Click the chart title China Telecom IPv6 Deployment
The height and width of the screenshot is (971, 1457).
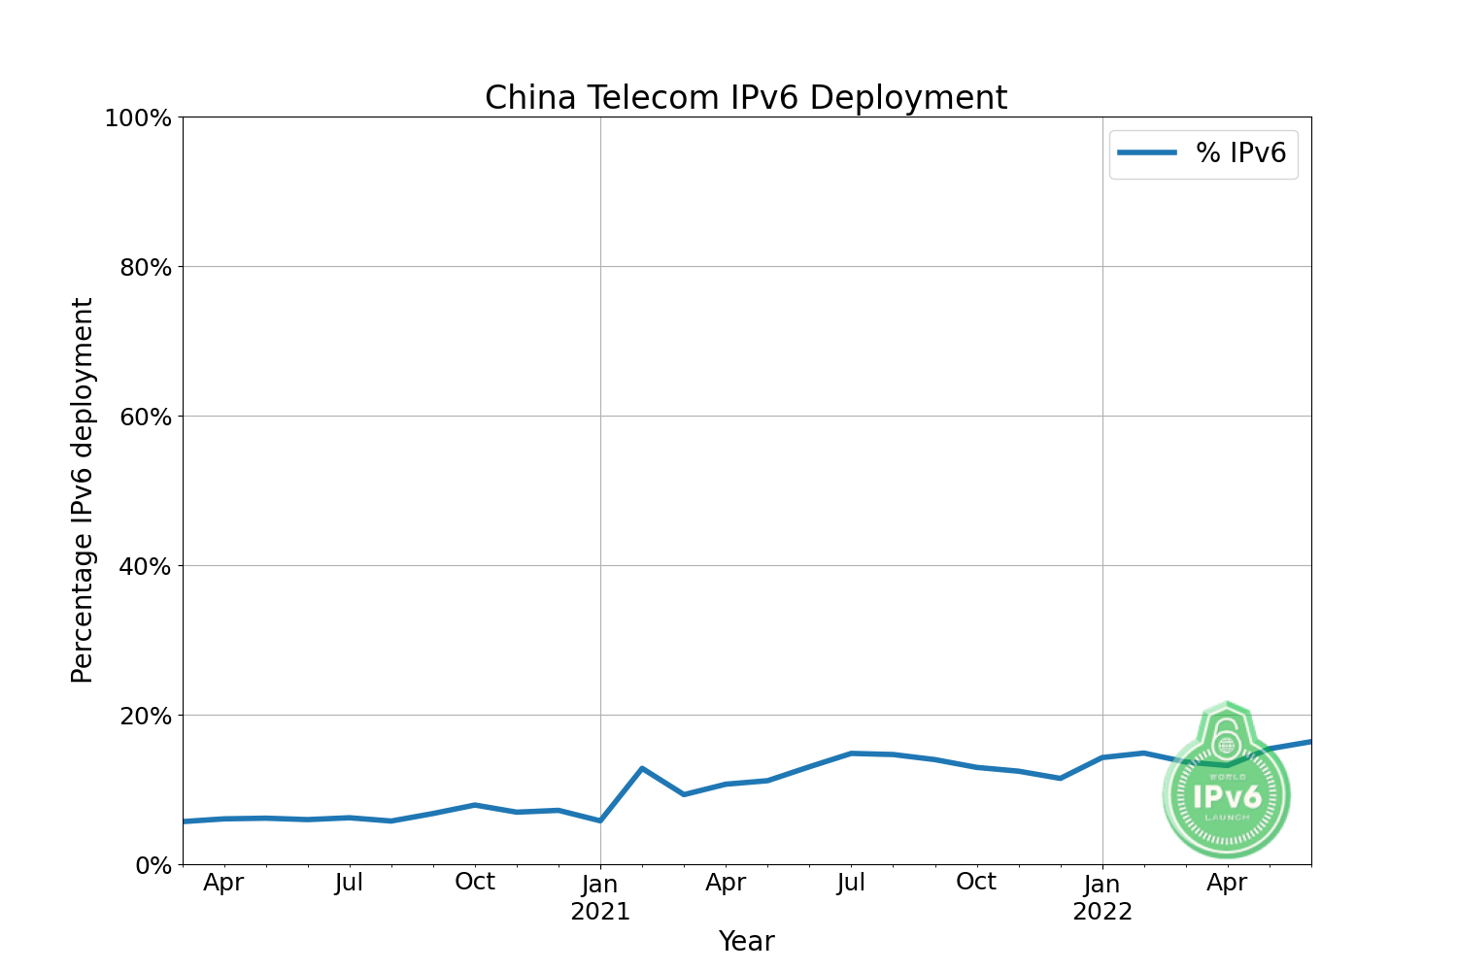tap(746, 98)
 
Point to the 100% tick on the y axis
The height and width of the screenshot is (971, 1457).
tap(138, 118)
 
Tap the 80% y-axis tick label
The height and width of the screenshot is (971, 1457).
tap(145, 268)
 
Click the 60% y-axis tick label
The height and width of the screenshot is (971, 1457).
tap(145, 418)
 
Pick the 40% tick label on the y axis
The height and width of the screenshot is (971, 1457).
tap(145, 567)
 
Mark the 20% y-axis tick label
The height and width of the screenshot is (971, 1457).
tap(145, 717)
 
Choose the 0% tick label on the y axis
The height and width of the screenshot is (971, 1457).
tap(152, 865)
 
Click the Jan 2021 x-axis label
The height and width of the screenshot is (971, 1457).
tap(600, 897)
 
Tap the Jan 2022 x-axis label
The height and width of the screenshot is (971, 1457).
tap(1102, 897)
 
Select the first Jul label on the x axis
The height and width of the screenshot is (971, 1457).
tap(349, 883)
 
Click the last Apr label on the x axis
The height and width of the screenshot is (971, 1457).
tap(1227, 883)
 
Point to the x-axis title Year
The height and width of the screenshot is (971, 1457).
tap(746, 941)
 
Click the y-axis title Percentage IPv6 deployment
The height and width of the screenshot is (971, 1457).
tap(83, 490)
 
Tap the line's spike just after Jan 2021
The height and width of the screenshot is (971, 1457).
tap(642, 768)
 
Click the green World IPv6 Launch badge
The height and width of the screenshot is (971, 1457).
tap(1227, 791)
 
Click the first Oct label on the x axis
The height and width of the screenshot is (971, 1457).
tap(475, 882)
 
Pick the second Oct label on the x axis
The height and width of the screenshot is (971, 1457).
tap(976, 882)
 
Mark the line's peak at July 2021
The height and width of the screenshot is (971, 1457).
tap(851, 753)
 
